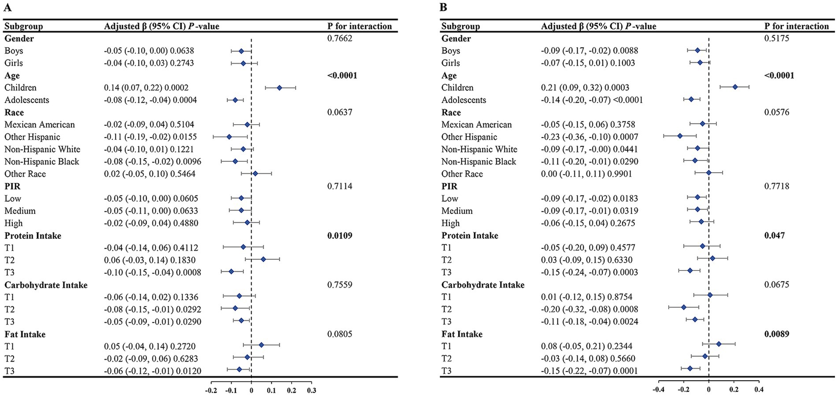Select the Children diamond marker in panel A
[279, 88]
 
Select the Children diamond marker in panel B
[735, 87]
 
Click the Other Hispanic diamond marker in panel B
[680, 137]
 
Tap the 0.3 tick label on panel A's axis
[311, 390]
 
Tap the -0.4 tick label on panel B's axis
[658, 389]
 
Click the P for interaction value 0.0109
[340, 236]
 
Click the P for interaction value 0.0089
[777, 334]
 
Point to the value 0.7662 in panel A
[340, 38]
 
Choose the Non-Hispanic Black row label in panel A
[42, 162]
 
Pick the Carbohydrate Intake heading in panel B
[483, 285]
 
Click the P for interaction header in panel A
[360, 26]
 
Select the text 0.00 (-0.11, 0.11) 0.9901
[586, 174]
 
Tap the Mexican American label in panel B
[477, 125]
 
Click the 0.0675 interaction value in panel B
[777, 285]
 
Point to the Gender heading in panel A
[19, 39]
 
